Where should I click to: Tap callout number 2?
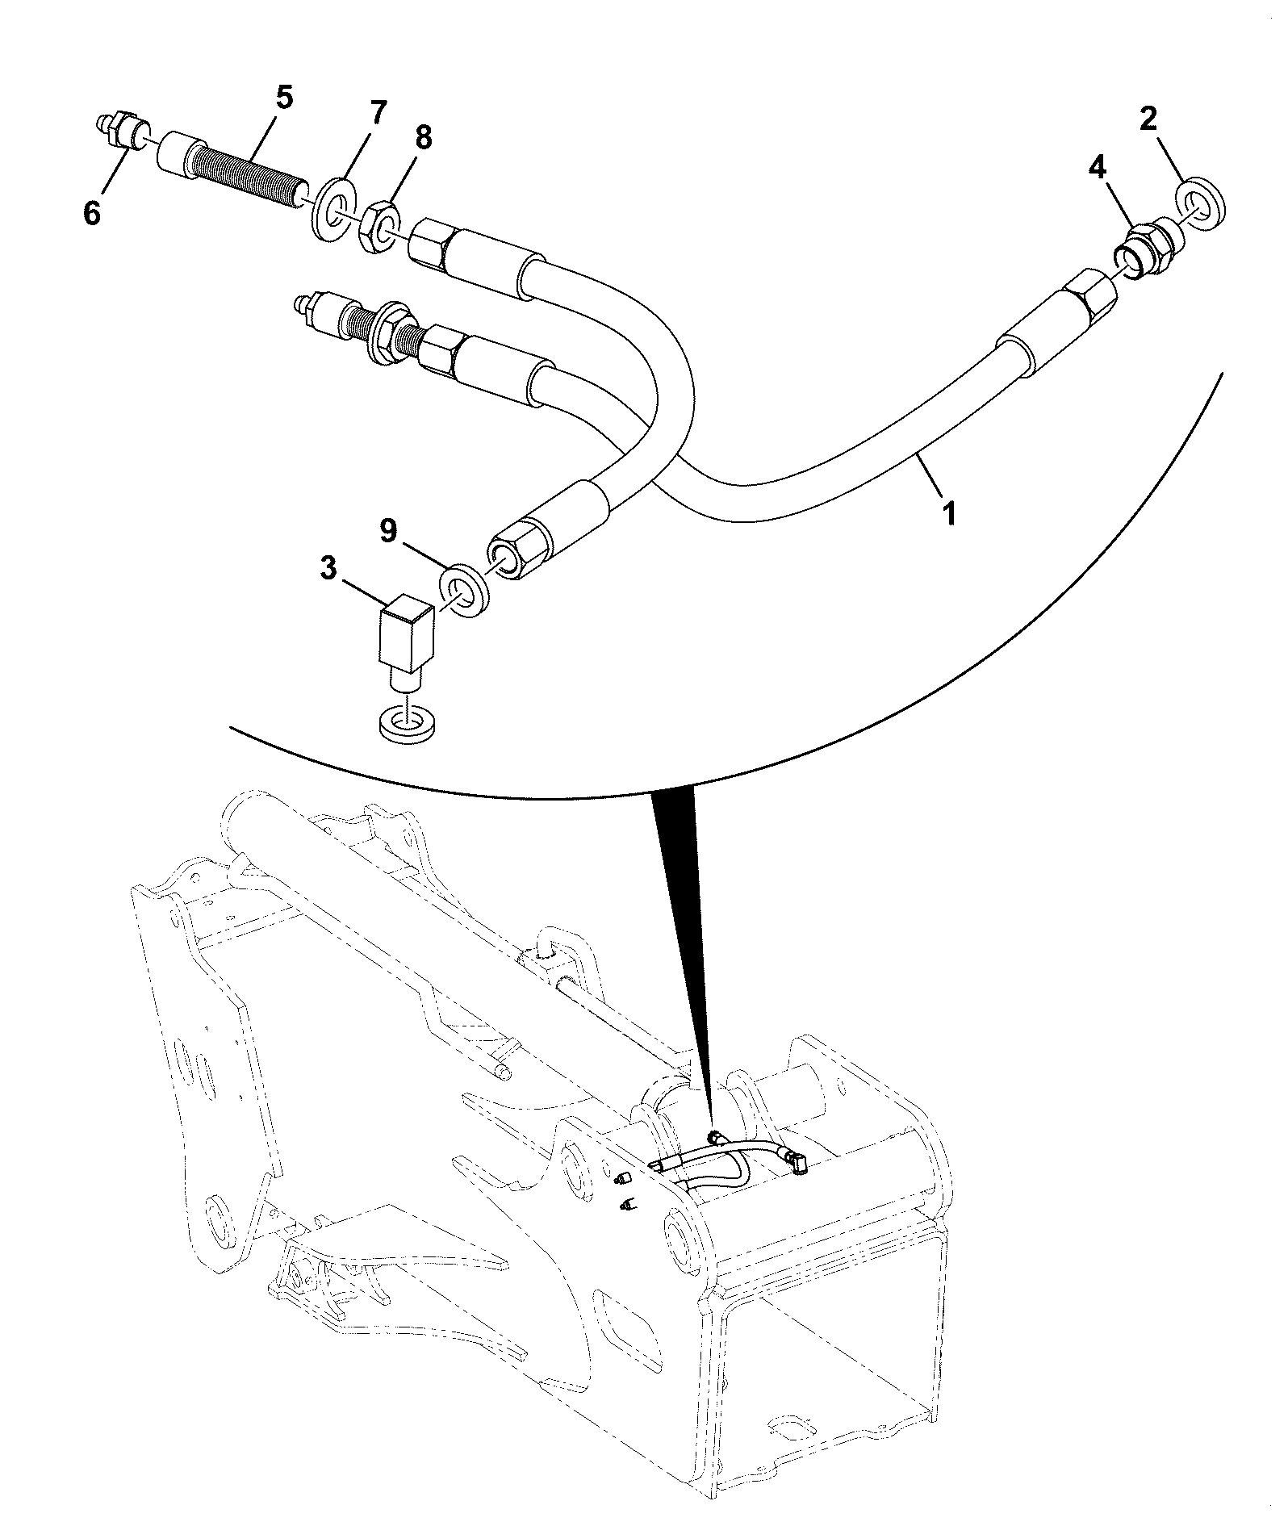tap(1148, 121)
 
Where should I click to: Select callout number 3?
tap(328, 567)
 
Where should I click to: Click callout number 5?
tap(284, 98)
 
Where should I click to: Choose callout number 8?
tap(422, 138)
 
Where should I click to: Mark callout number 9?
tap(388, 531)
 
